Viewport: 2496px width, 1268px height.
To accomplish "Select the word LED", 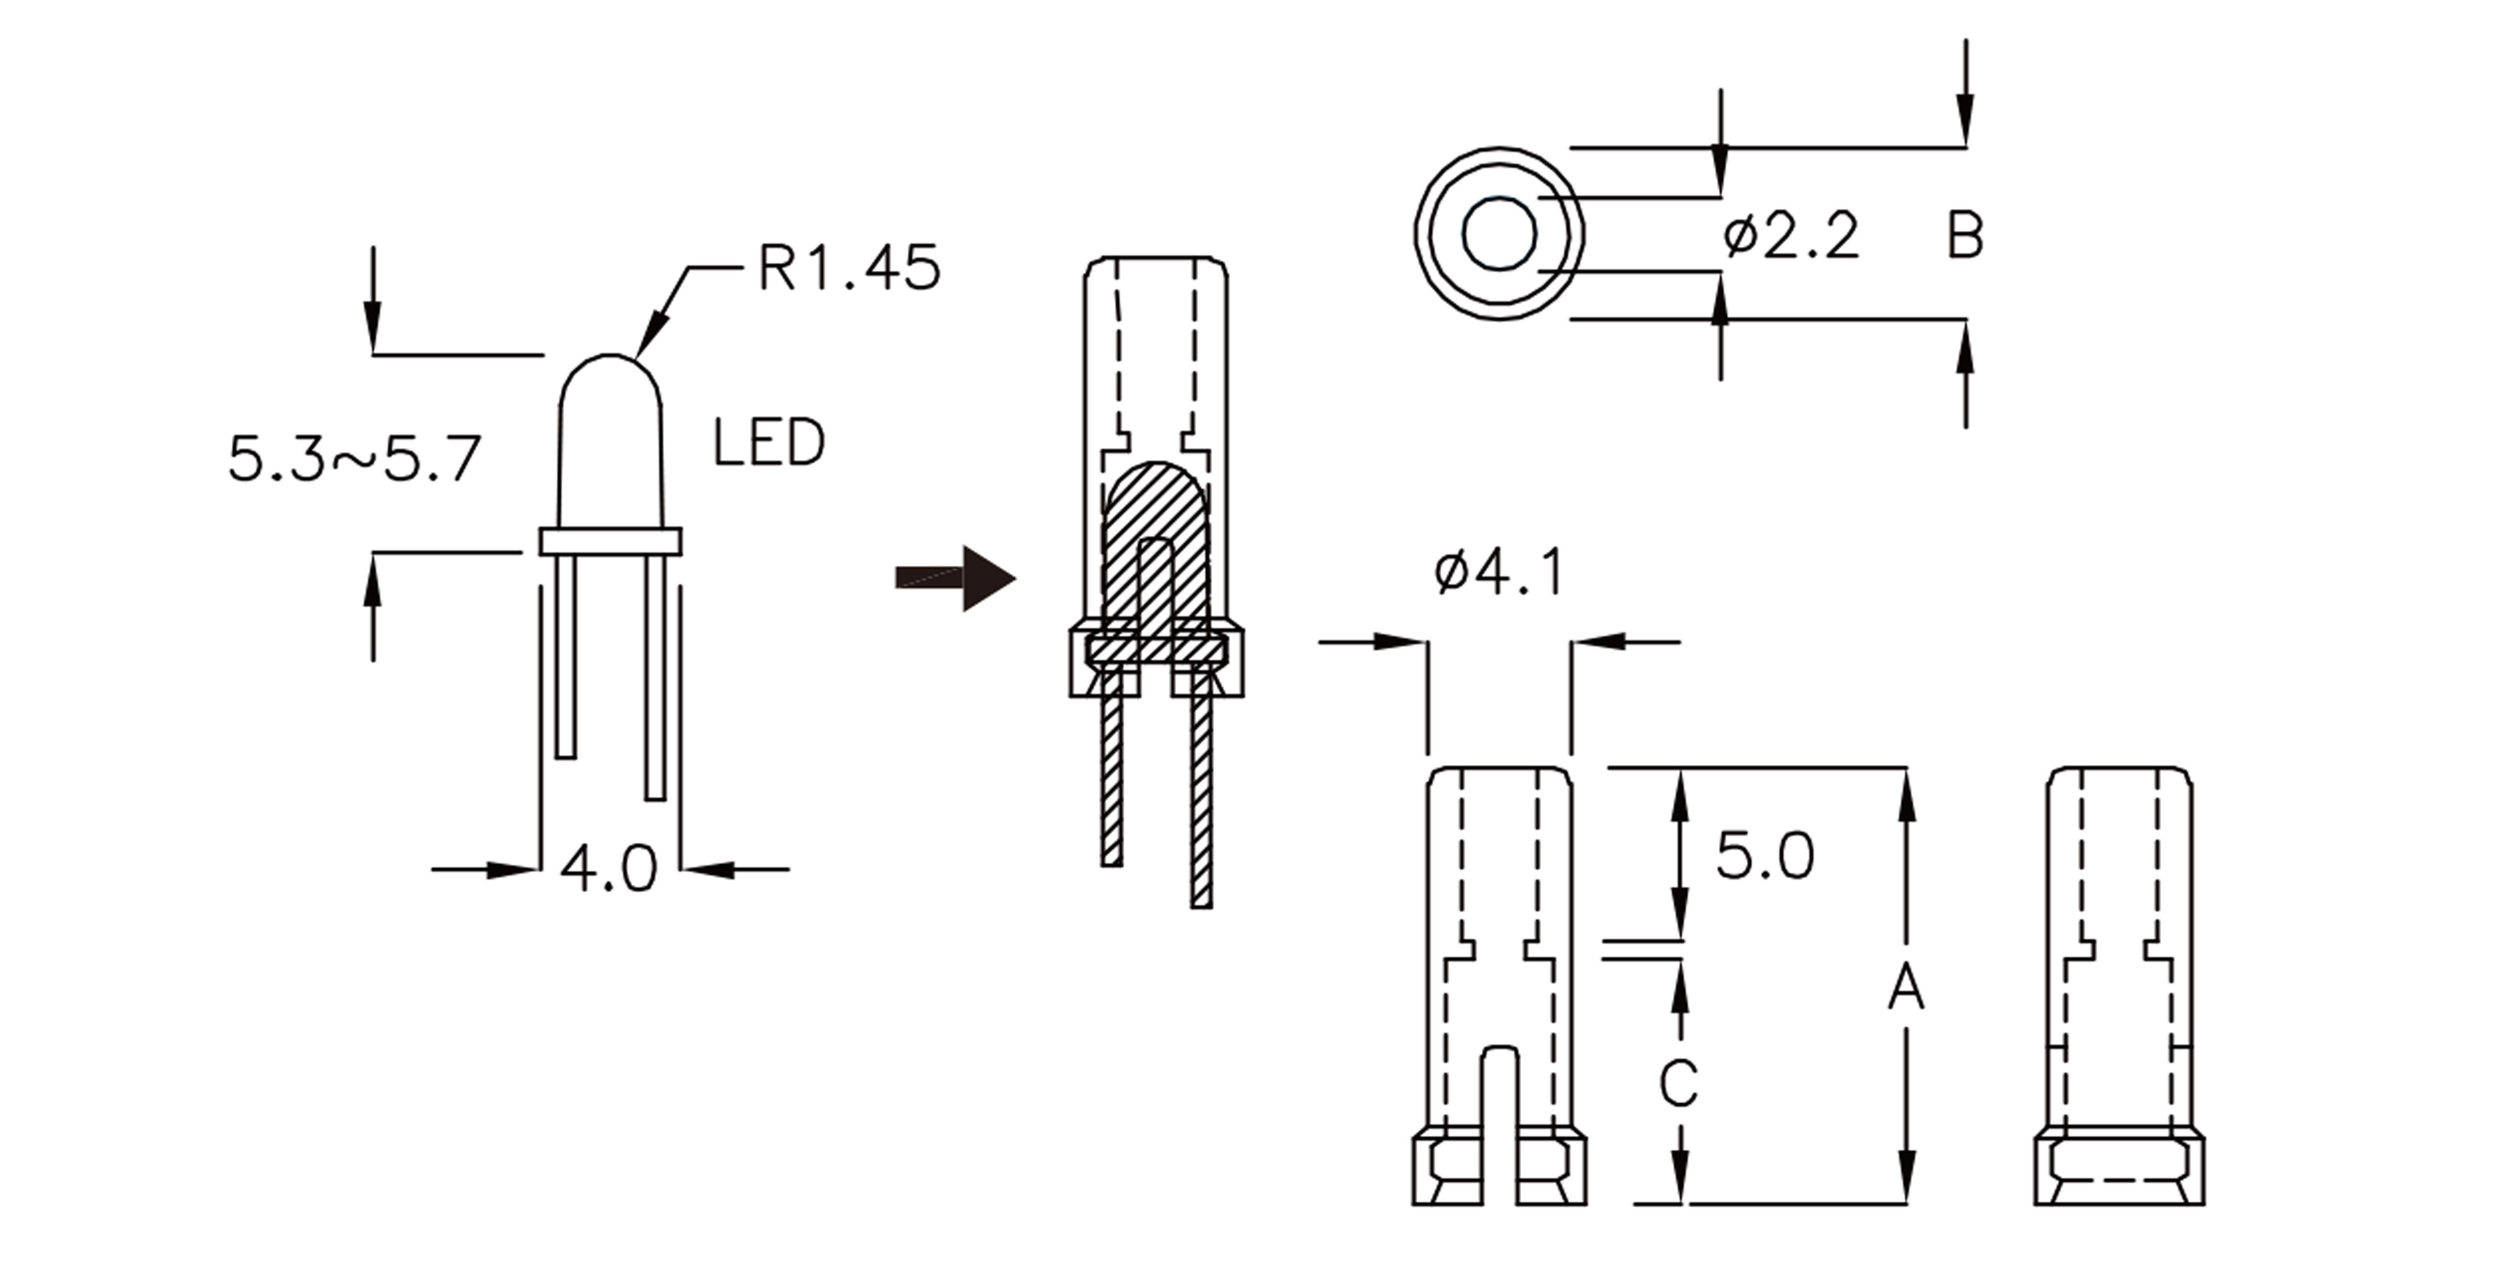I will coord(768,444).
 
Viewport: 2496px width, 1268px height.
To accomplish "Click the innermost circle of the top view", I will coord(1499,233).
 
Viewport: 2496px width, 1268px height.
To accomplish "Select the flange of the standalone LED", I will coord(611,541).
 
